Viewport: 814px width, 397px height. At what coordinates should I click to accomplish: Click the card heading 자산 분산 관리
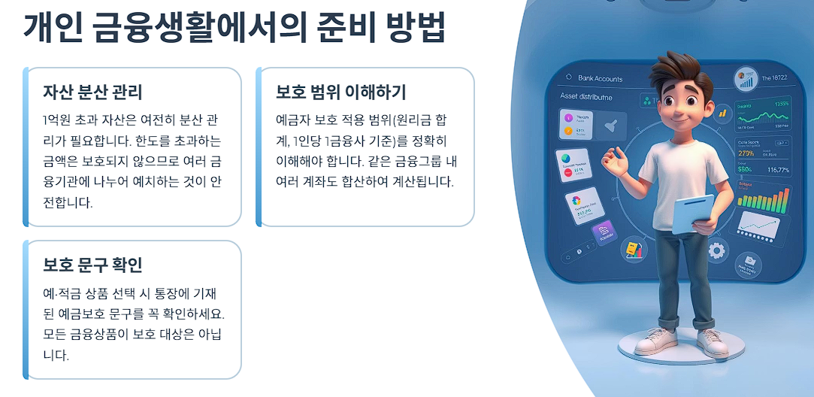pyautogui.click(x=92, y=92)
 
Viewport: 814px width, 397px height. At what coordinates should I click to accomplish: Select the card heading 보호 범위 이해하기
pyautogui.click(x=340, y=92)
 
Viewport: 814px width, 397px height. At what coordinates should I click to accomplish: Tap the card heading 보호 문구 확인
pyautogui.click(x=92, y=265)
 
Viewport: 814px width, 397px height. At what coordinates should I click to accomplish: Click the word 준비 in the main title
pyautogui.click(x=340, y=28)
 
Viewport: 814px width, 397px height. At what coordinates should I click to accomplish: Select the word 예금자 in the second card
pyautogui.click(x=296, y=120)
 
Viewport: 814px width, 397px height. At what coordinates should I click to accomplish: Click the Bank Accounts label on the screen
pyautogui.click(x=600, y=78)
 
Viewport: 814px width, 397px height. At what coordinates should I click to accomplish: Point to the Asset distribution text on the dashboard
pyautogui.click(x=586, y=97)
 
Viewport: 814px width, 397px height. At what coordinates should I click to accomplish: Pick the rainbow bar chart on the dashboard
pyautogui.click(x=763, y=198)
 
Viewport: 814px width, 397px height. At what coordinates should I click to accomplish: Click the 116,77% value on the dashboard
pyautogui.click(x=776, y=170)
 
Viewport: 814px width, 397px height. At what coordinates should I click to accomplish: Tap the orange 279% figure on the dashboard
pyautogui.click(x=747, y=153)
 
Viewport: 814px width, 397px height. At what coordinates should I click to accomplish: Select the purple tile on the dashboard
pyautogui.click(x=604, y=234)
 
